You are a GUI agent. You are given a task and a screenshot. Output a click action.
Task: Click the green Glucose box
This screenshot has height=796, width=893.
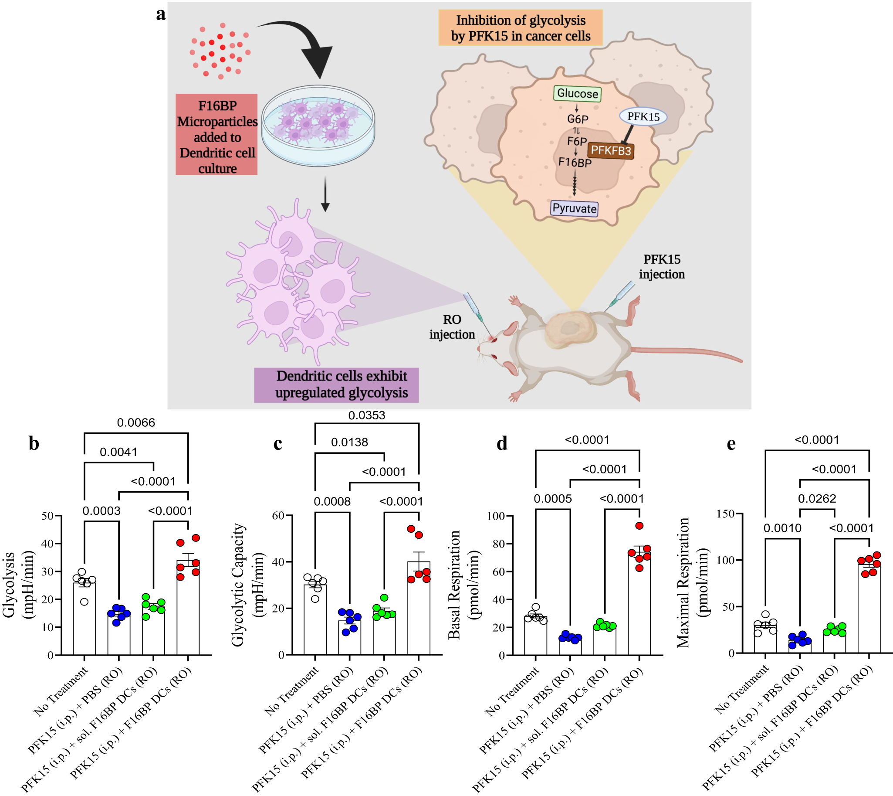coord(577,94)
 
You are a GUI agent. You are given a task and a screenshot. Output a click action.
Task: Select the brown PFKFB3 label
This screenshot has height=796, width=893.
coord(611,151)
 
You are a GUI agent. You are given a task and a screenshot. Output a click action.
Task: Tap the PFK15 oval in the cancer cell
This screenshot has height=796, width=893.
coord(643,117)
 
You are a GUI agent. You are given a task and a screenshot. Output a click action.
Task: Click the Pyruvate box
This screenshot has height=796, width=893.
coord(574,208)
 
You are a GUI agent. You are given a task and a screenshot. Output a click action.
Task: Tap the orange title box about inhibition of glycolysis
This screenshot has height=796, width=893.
coord(520,28)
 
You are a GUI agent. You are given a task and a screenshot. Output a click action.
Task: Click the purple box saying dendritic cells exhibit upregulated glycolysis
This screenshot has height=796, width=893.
coord(336,384)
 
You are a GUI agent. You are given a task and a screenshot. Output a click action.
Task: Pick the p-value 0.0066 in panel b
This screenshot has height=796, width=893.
coord(136,422)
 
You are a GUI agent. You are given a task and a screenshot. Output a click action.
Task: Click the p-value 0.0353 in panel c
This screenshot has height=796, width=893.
coord(366,415)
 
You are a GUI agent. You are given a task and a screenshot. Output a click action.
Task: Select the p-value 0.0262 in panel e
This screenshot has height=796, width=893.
coord(816,498)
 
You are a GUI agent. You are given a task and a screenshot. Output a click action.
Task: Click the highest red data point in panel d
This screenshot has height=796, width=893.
coord(639,526)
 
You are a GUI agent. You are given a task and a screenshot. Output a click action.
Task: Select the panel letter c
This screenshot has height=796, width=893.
coord(277,443)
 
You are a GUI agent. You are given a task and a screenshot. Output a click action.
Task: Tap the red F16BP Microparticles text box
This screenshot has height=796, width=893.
coord(216,134)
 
